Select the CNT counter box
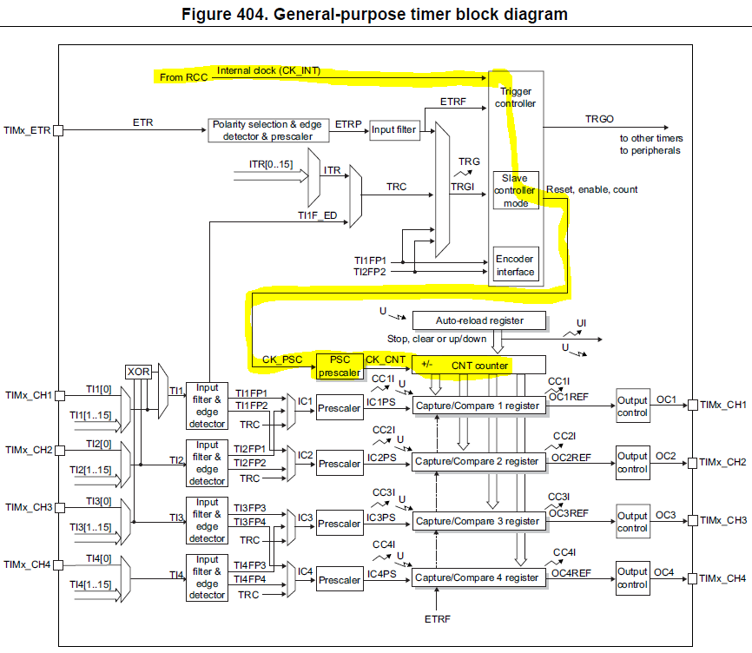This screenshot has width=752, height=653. point(478,365)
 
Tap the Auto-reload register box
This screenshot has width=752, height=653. point(479,320)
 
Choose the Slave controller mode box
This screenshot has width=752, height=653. point(516,190)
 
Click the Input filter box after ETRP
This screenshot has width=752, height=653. point(395,130)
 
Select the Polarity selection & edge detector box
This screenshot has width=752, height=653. point(270,130)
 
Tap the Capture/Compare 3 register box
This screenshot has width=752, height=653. point(478,521)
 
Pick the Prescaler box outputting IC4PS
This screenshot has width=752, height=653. point(339,580)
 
